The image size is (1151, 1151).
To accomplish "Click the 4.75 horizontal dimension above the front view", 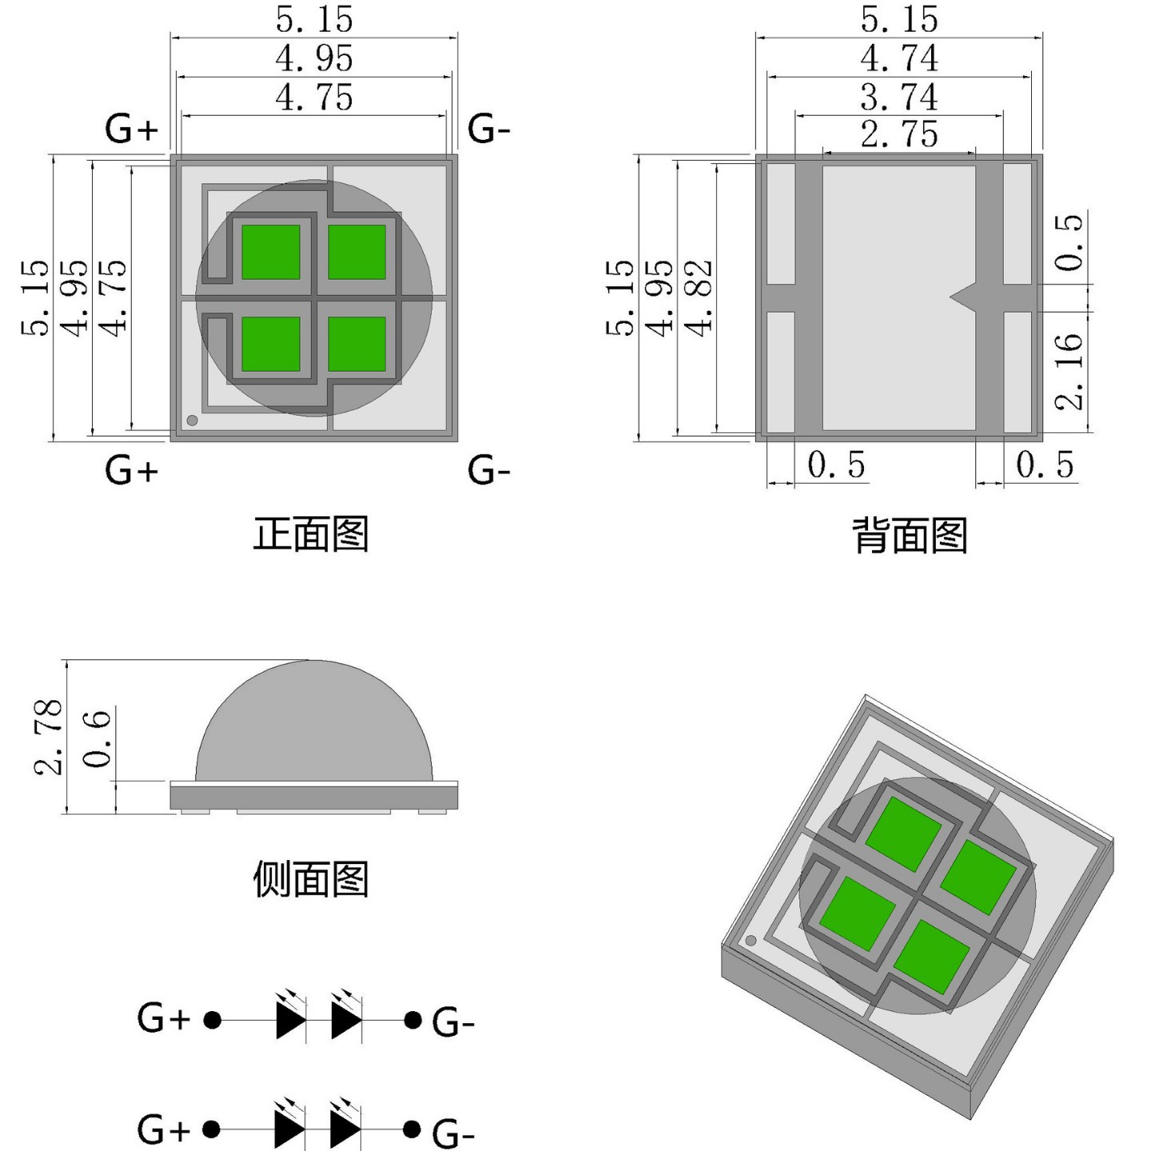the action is (x=314, y=98).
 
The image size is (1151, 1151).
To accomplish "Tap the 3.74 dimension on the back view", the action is (x=899, y=98).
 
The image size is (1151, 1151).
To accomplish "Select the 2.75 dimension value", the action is (x=899, y=133).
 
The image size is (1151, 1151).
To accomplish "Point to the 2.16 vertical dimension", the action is (x=1069, y=371).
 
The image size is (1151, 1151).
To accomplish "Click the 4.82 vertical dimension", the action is (x=699, y=298).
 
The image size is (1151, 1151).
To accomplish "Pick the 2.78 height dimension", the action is (x=49, y=736).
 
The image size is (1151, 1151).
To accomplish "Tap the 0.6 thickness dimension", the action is (x=98, y=739).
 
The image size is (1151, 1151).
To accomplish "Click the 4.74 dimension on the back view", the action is (x=899, y=58).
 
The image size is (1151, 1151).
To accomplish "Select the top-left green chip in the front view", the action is (x=271, y=252).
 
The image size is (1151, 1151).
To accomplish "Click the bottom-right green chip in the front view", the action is (x=356, y=344).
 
